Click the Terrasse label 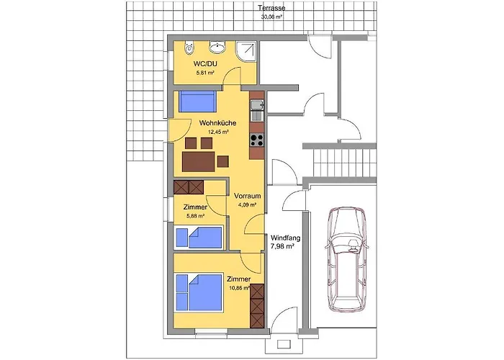[x=271, y=9]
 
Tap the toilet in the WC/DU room [x=189, y=48]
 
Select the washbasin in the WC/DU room [x=217, y=47]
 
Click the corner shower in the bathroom [x=246, y=52]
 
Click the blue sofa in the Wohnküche [x=197, y=102]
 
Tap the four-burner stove [x=257, y=140]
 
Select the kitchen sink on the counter [x=257, y=110]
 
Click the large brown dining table [x=198, y=162]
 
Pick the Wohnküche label [x=217, y=123]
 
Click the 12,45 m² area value [x=218, y=132]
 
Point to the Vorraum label [x=247, y=196]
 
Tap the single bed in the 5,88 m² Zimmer [x=199, y=238]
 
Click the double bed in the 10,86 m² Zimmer [x=199, y=292]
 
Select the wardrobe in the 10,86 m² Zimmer [x=257, y=306]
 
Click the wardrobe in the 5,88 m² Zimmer [x=189, y=187]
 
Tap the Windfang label [x=285, y=238]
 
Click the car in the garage [x=345, y=259]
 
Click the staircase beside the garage [x=345, y=162]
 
